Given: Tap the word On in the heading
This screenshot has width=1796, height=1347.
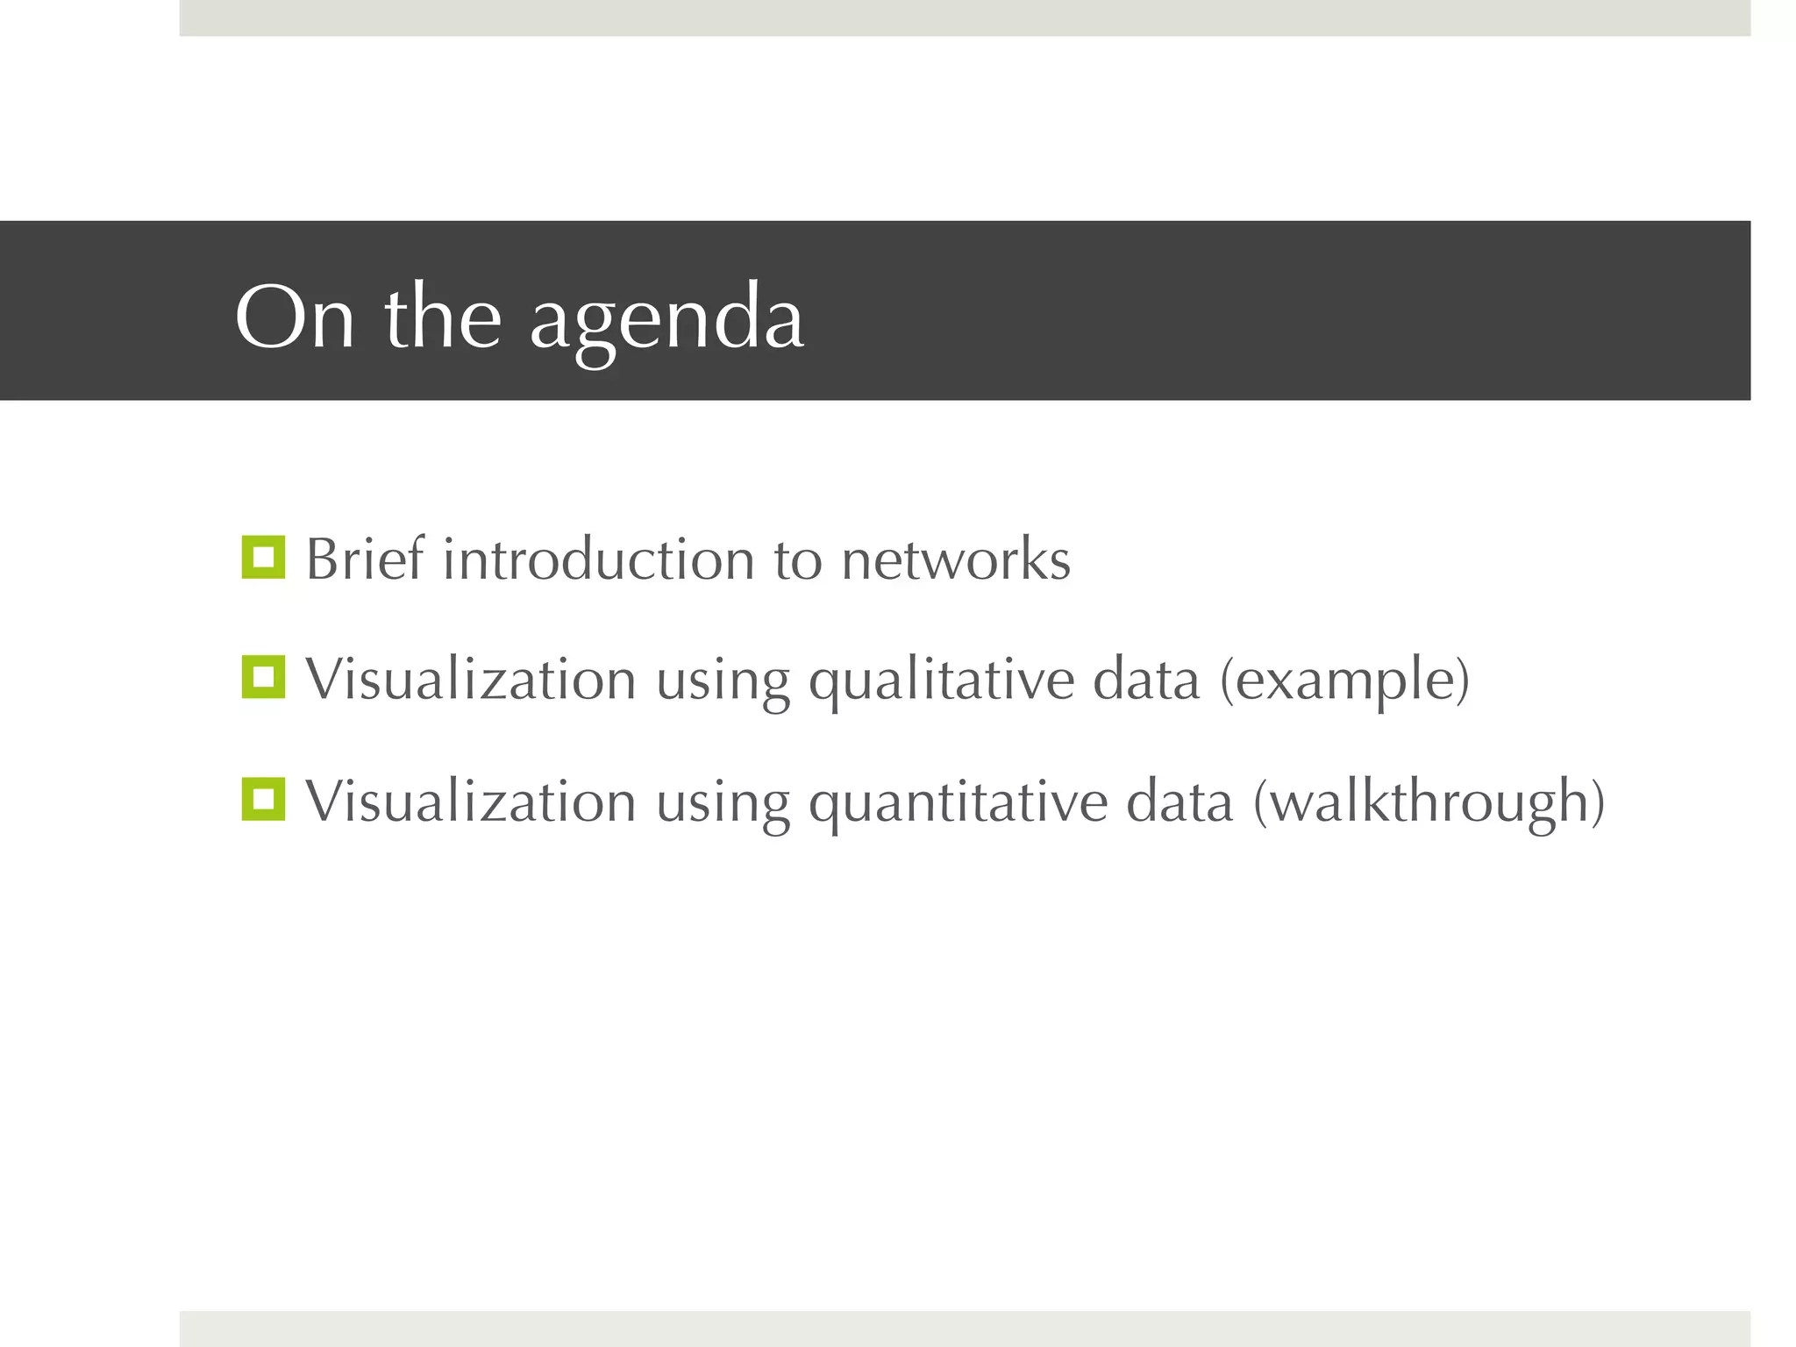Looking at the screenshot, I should coord(295,317).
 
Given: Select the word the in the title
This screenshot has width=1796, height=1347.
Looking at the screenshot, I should coord(443,317).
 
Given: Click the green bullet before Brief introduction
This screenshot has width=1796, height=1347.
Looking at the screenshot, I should coord(263,557).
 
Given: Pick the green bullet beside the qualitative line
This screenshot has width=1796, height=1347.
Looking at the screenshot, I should coord(263,677).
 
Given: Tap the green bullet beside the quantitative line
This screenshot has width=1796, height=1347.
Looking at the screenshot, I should coord(263,799).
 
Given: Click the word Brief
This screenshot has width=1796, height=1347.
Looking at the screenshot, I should coord(365,559).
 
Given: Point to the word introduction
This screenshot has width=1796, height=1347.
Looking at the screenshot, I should coord(598,559).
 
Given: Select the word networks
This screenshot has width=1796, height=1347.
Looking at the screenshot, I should coord(956,559).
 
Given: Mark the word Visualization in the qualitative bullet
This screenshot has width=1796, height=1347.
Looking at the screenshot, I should coord(470,680).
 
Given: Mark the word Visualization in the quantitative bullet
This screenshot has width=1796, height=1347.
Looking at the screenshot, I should coord(470,802).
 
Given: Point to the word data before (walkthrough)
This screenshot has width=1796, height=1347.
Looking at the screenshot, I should coord(1180,802).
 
